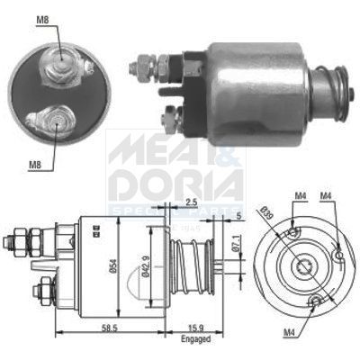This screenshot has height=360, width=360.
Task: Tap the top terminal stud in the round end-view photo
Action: pyautogui.click(x=61, y=59)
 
